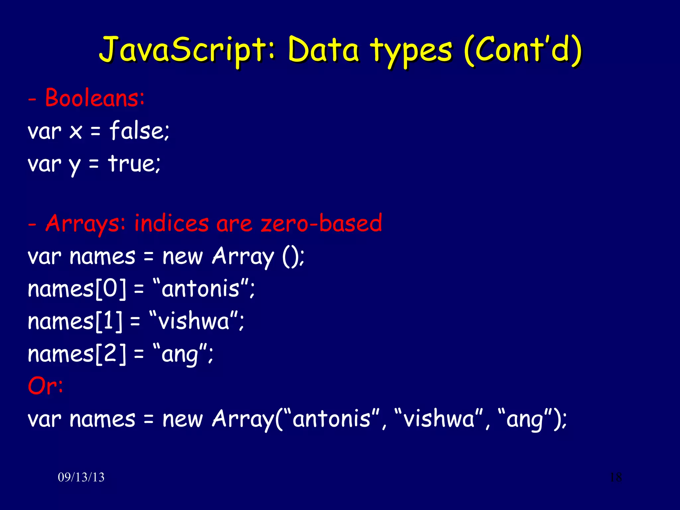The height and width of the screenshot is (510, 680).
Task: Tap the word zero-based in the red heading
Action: coord(321,223)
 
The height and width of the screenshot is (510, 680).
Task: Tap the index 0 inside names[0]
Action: coord(110,288)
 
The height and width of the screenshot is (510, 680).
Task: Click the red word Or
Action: coord(42,386)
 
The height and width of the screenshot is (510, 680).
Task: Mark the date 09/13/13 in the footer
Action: coord(81,477)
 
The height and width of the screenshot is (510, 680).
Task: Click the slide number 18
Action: coord(616,477)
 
